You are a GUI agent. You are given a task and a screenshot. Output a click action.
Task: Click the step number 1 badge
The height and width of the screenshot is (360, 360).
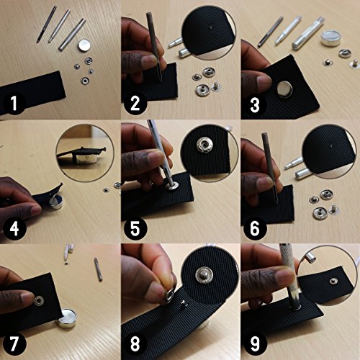(14, 103)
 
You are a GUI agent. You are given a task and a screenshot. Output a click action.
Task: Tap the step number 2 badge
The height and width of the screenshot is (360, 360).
(135, 103)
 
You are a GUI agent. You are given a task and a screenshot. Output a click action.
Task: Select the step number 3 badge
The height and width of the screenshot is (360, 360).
(255, 105)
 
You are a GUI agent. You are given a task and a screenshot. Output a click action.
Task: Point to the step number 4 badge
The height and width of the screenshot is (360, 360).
(14, 228)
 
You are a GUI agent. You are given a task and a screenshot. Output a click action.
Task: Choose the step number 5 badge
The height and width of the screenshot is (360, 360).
(135, 228)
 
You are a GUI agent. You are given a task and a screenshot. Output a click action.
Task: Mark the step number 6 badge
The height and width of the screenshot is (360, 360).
(255, 228)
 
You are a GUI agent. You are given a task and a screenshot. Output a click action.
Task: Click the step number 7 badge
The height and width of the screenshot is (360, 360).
(14, 344)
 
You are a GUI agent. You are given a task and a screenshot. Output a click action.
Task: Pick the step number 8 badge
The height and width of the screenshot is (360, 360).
(135, 344)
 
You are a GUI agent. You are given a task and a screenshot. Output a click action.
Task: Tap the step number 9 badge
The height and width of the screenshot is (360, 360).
(255, 344)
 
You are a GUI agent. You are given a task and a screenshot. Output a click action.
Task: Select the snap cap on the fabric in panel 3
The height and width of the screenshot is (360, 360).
(284, 89)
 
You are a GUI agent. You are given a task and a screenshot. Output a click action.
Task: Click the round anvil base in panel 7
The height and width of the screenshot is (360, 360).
(67, 318)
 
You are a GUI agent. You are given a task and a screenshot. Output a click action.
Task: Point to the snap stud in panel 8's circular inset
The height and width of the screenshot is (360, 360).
(204, 275)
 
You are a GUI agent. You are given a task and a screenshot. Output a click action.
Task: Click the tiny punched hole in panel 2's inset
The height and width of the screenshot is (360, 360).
(210, 27)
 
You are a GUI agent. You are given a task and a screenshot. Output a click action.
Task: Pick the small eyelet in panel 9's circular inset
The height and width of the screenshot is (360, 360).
(333, 281)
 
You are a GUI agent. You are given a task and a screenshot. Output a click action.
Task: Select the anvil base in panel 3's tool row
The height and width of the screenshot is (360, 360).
(330, 37)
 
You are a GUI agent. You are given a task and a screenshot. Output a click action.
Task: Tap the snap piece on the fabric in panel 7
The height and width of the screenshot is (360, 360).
(39, 301)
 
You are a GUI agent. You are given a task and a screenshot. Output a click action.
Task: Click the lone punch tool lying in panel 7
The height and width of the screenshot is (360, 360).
(99, 269)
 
